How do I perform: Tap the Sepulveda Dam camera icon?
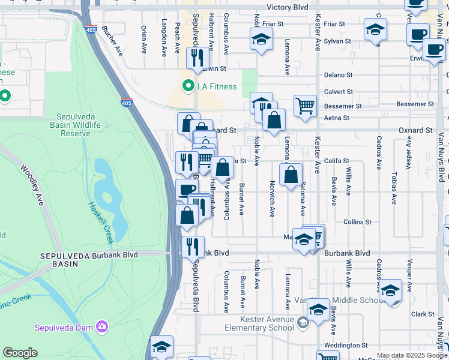(103, 326)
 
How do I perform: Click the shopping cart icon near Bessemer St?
(305, 106)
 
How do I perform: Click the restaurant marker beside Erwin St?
(197, 58)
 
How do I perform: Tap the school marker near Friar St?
(261, 40)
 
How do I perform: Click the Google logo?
(20, 353)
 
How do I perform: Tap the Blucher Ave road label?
(113, 41)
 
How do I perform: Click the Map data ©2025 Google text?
(412, 356)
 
